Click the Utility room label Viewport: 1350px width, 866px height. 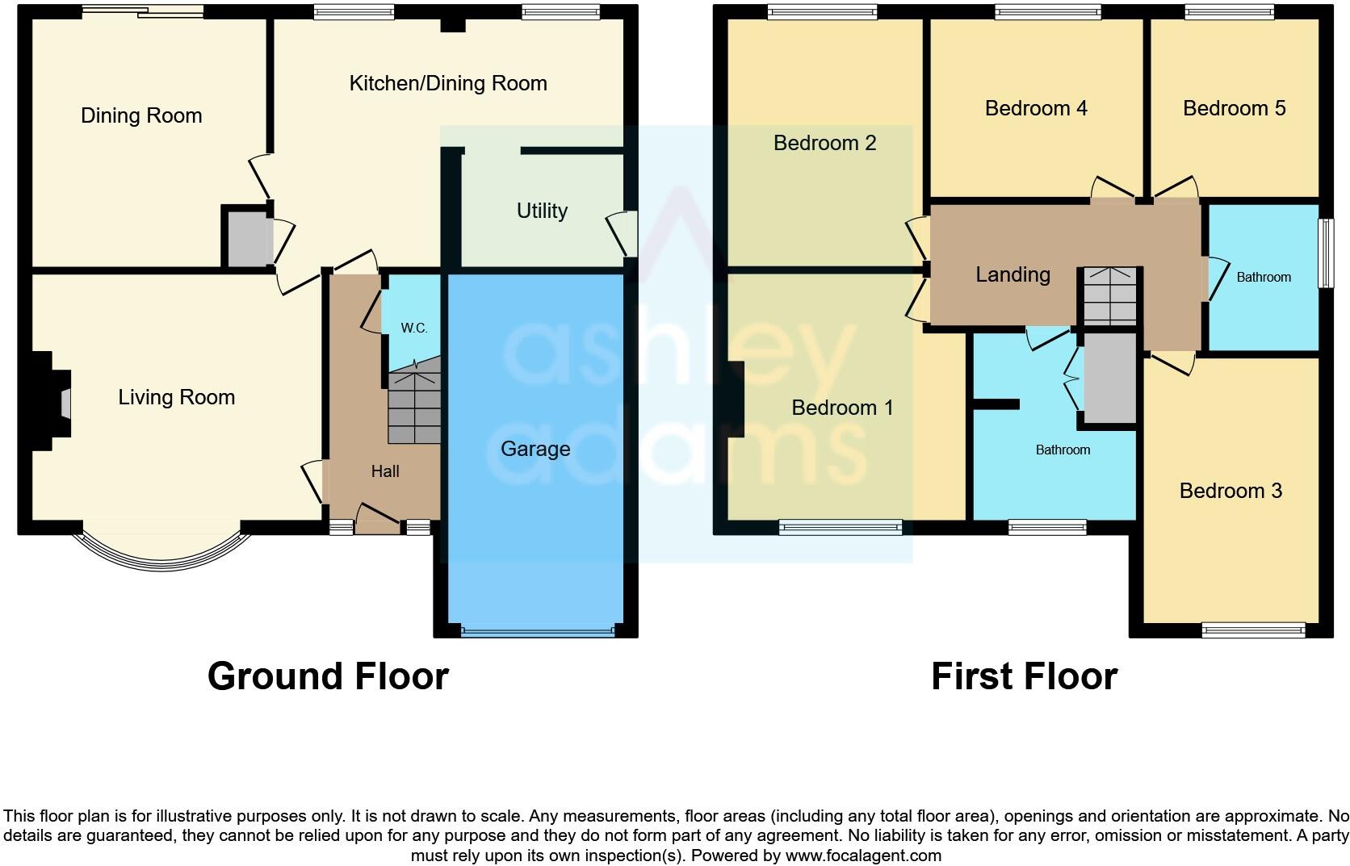[542, 211]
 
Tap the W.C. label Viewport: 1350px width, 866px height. [413, 328]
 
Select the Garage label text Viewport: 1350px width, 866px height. [535, 449]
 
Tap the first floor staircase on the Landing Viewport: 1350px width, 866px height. [1109, 296]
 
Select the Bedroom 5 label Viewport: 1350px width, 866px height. [1234, 108]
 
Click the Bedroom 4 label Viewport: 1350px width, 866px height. [1036, 108]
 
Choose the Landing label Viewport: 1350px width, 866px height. [1012, 274]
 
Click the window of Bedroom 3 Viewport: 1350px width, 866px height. [1253, 630]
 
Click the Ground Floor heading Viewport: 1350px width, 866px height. [328, 676]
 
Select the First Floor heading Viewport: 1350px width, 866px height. [1024, 676]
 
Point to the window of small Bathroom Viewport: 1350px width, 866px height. [1325, 253]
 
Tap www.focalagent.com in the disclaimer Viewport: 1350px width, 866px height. [862, 856]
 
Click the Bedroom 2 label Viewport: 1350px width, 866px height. [824, 143]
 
